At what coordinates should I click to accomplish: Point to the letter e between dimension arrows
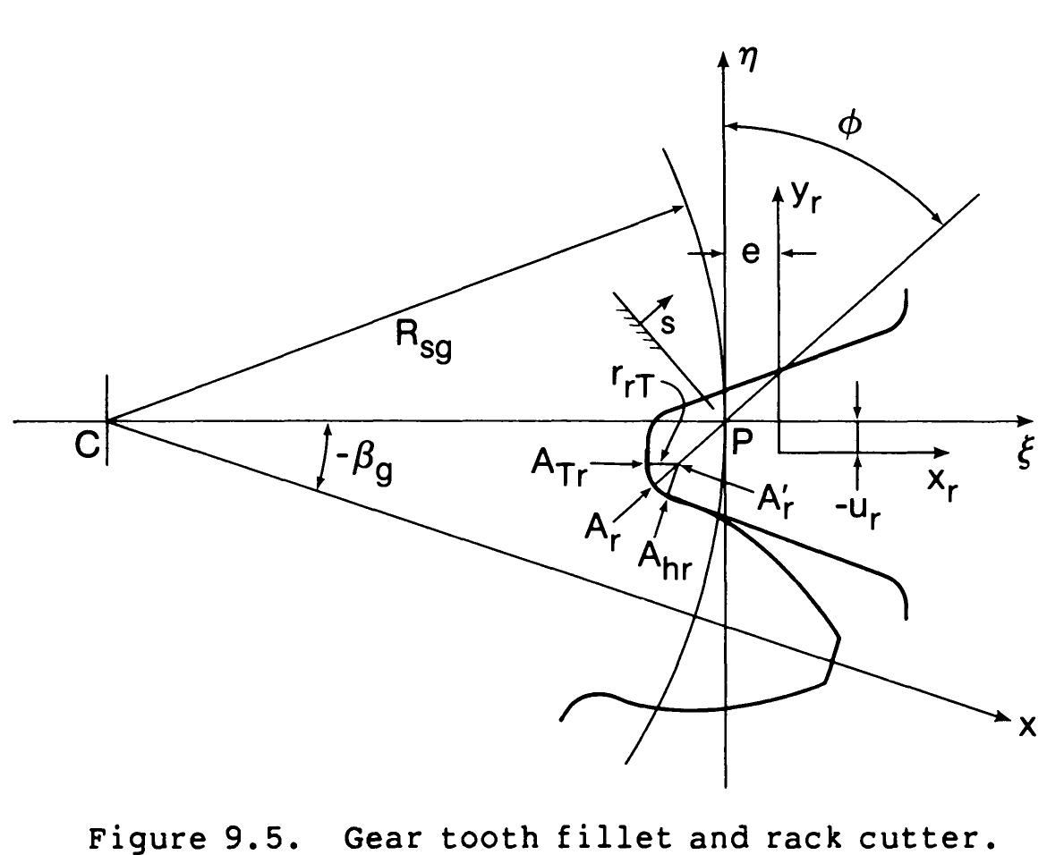[751, 253]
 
